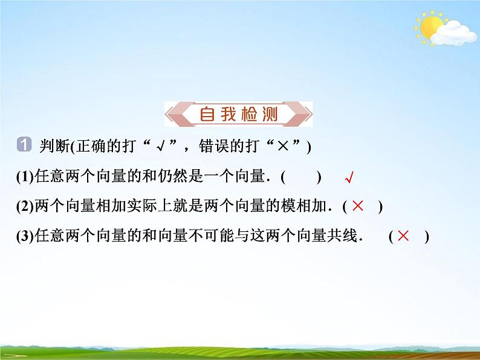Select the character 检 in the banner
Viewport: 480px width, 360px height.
(x=248, y=114)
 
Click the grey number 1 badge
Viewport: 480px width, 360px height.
(x=24, y=145)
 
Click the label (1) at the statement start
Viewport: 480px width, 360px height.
(x=25, y=178)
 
